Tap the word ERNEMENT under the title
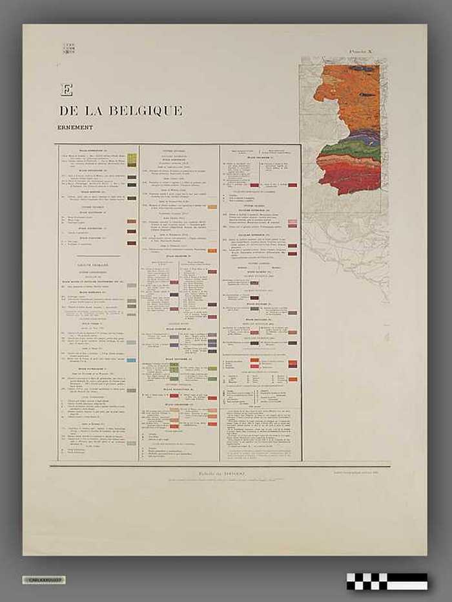pos(75,127)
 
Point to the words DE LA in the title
pos(82,111)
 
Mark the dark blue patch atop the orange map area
pos(361,68)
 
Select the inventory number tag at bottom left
pos(43,579)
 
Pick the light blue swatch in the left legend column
pos(132,360)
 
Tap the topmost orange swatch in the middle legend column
pos(212,207)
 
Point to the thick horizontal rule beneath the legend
pos(220,466)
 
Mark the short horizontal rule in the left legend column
pos(99,256)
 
